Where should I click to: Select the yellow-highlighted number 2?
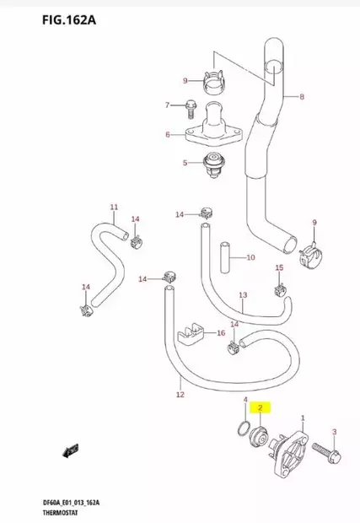tap(261, 408)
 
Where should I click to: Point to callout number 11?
tap(114, 207)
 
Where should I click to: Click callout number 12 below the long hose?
tap(180, 394)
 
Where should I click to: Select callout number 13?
tap(242, 296)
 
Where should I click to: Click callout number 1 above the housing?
tap(303, 407)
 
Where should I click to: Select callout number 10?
tap(250, 257)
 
